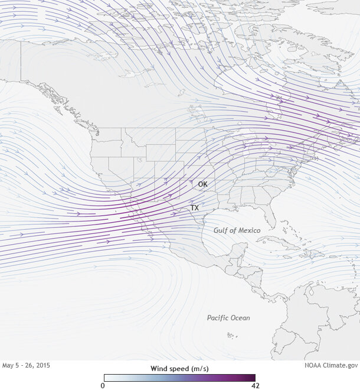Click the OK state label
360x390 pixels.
point(202,184)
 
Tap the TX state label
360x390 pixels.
point(194,209)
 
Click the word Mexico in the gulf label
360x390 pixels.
point(248,229)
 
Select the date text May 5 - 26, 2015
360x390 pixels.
point(27,366)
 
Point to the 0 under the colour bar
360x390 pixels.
point(103,385)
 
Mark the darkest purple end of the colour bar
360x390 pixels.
point(253,378)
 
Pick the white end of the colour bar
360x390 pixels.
point(107,378)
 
